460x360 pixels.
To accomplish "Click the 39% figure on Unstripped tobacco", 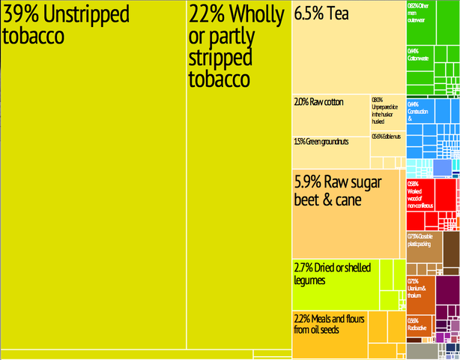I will click(22, 14).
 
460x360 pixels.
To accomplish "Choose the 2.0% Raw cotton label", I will click(318, 101).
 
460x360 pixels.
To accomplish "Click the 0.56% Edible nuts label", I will click(387, 136).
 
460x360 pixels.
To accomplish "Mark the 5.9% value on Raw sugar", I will click(309, 182).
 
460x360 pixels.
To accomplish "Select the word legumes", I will click(309, 280).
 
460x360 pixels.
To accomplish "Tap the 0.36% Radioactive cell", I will click(418, 325).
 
